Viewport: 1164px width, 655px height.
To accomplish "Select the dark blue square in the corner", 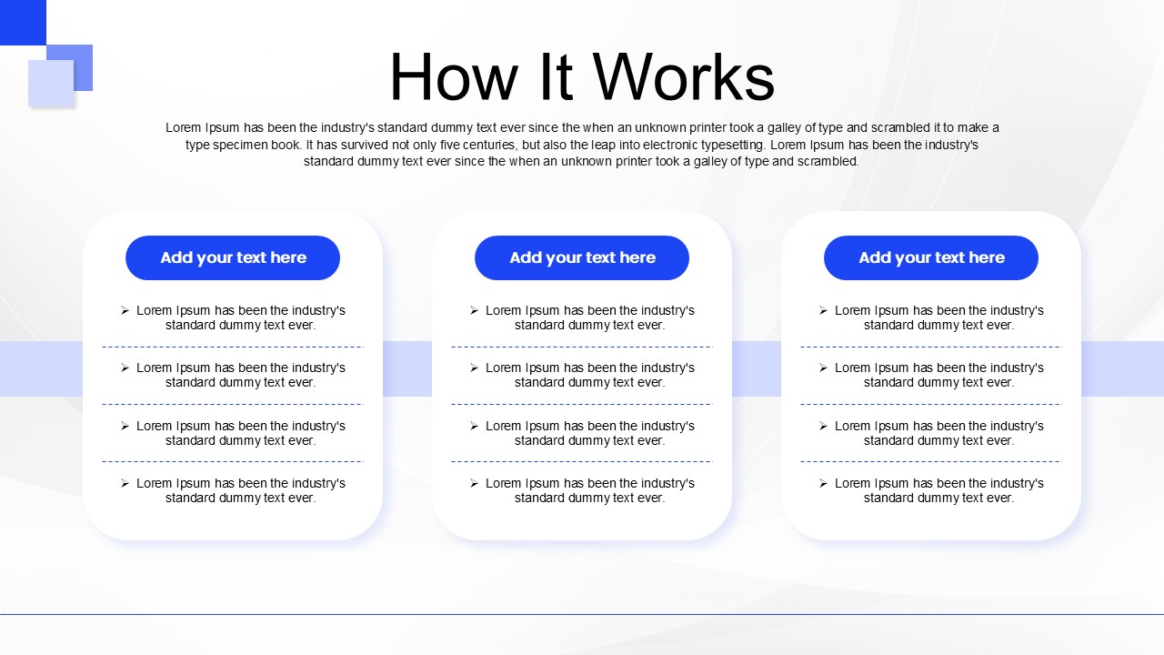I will [22, 22].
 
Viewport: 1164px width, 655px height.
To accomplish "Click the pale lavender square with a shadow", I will [51, 83].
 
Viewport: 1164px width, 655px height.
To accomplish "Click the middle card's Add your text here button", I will [582, 257].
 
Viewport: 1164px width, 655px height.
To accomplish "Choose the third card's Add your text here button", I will [931, 257].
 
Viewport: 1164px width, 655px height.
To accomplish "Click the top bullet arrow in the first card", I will [125, 310].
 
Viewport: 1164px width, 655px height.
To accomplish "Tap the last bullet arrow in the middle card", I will [474, 483].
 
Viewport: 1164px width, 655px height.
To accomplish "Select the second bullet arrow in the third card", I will [823, 368].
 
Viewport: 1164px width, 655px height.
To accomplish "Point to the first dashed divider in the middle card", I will [582, 347].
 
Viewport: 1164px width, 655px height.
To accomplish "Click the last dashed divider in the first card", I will [233, 461].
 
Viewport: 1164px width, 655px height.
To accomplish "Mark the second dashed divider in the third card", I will [931, 404].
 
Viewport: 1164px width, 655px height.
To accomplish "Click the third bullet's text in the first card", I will [241, 433].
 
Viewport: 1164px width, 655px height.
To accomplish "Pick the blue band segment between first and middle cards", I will [406, 368].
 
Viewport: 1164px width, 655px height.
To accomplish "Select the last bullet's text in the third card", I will [939, 490].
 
